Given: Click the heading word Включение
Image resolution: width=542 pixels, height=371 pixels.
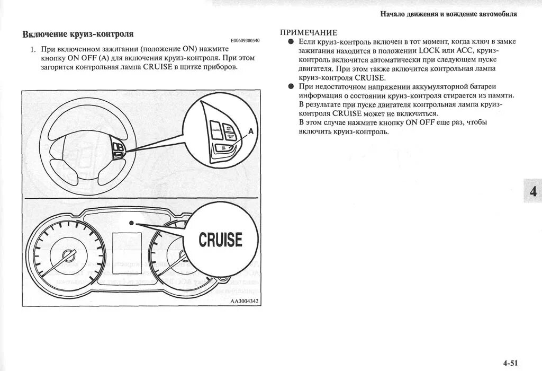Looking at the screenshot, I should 44,34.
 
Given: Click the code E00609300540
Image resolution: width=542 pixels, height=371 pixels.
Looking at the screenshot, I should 245,41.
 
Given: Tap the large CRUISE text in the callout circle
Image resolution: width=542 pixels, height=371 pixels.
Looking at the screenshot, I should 220,240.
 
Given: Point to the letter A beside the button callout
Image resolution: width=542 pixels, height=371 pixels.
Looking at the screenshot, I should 251,130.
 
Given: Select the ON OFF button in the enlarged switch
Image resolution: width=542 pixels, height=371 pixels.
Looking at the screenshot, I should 224,149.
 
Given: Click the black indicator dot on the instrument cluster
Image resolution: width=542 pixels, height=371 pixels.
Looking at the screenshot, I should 137,224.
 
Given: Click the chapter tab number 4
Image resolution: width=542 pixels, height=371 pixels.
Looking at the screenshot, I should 532,191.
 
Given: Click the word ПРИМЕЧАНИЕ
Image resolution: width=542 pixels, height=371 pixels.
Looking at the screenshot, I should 309,33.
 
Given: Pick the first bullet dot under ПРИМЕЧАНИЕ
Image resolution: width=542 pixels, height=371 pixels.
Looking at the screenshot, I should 291,41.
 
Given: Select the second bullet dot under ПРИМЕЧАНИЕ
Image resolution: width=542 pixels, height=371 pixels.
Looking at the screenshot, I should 291,86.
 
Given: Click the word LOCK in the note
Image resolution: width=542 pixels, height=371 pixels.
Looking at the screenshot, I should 429,50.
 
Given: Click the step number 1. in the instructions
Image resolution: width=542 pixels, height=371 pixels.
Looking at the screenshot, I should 32,49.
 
